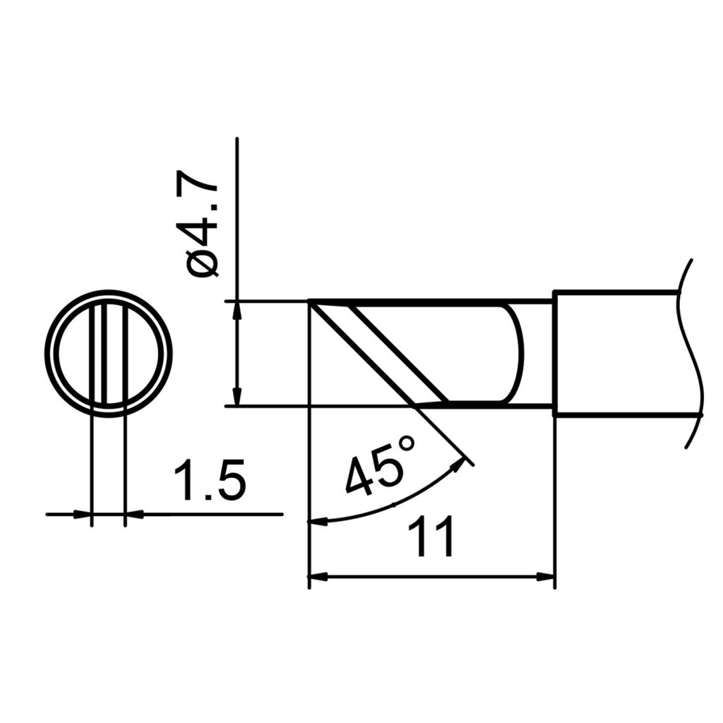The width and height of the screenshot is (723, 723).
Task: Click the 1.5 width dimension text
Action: click(x=210, y=482)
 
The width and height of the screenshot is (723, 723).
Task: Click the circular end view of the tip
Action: click(x=108, y=352)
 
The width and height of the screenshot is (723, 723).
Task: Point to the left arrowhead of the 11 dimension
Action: click(x=318, y=577)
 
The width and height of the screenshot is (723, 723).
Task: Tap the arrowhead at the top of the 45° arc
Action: click(x=462, y=462)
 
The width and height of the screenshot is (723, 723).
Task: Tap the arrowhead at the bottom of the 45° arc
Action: click(x=318, y=522)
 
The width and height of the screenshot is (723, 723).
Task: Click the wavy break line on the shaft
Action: click(x=688, y=353)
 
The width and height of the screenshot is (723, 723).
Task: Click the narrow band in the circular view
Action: click(x=108, y=353)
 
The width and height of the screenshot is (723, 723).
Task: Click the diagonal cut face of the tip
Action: click(x=378, y=353)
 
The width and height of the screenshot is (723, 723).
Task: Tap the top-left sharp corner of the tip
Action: click(x=311, y=302)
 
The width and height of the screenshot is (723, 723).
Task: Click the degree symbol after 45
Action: click(x=407, y=444)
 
